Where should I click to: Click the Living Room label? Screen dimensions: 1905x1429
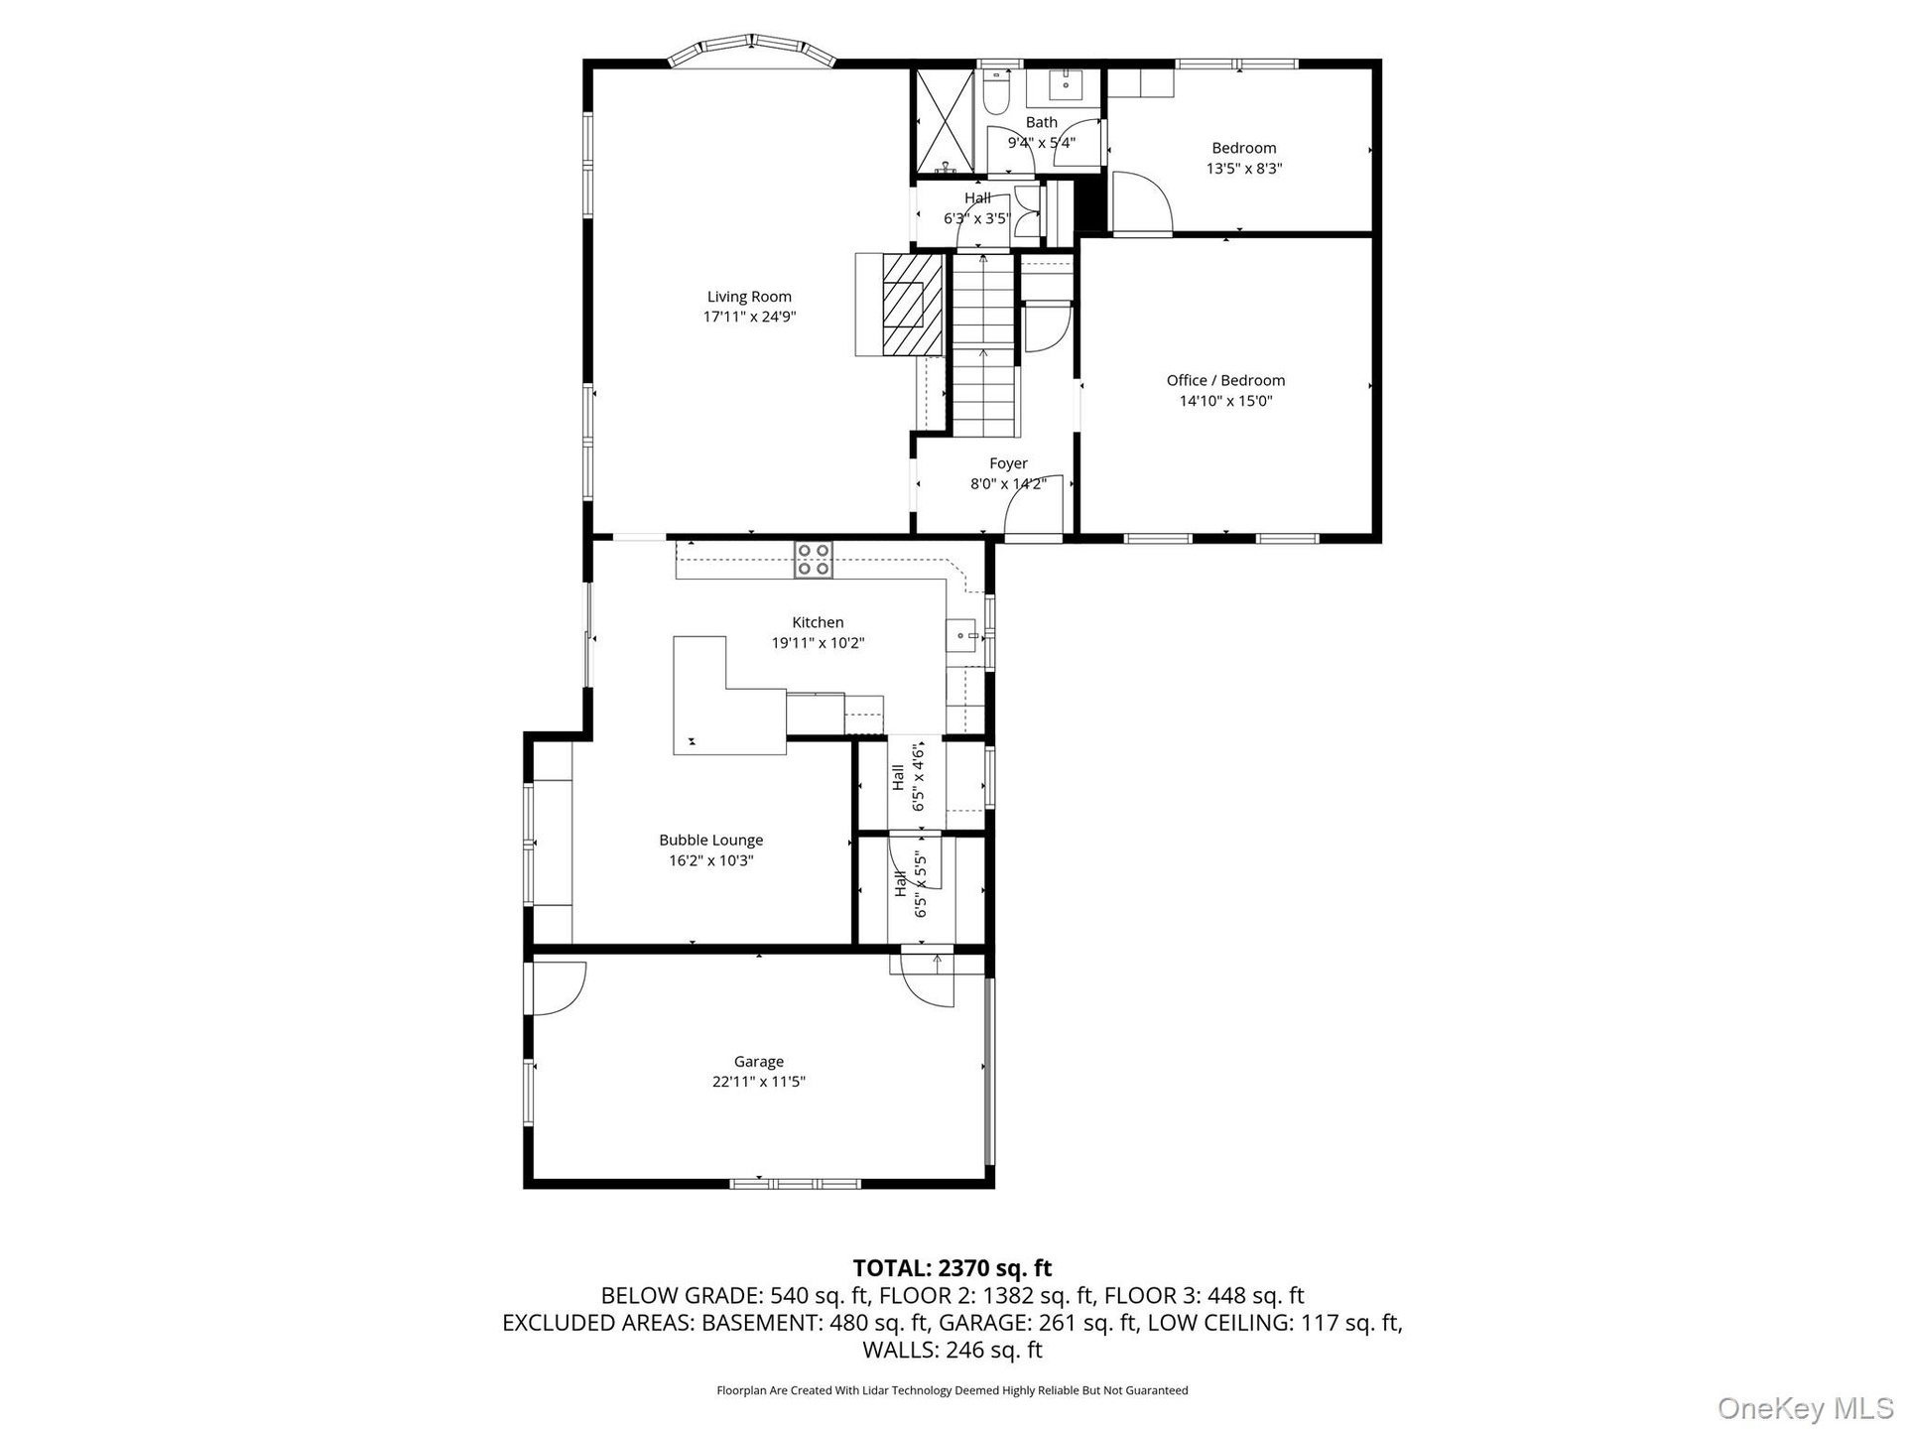click(x=749, y=296)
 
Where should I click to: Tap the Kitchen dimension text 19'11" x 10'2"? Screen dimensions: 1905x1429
click(x=818, y=643)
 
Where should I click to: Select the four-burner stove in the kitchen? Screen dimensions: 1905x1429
click(x=814, y=559)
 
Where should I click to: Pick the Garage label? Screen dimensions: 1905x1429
click(x=758, y=1062)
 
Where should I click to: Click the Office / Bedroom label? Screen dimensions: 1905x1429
click(x=1225, y=380)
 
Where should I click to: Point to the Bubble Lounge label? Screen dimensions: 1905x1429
click(x=710, y=840)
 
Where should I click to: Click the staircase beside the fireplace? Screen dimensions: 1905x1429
click(x=985, y=345)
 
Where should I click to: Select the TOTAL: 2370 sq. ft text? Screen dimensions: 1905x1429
click(x=952, y=1268)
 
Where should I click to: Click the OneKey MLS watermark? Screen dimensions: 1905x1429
click(x=1806, y=1407)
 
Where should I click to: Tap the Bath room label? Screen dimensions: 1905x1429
click(x=1041, y=122)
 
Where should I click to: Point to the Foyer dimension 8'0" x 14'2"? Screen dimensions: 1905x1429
click(x=1008, y=484)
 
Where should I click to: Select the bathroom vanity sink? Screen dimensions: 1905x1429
click(x=1066, y=86)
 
